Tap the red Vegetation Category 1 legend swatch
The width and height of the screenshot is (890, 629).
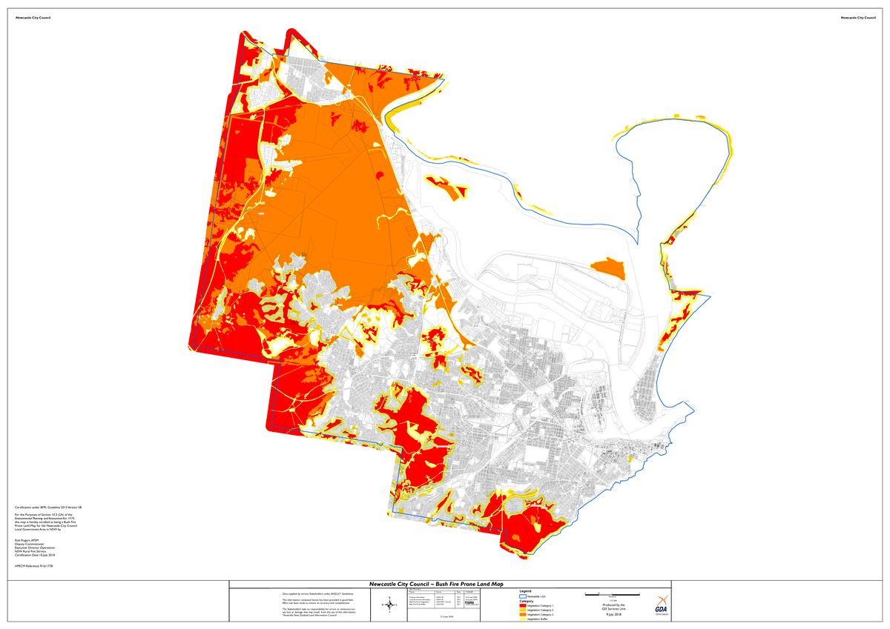tap(522, 606)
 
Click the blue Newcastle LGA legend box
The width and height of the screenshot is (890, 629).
tap(522, 596)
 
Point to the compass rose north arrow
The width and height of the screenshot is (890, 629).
tap(388, 605)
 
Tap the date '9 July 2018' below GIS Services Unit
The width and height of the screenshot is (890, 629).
tap(613, 614)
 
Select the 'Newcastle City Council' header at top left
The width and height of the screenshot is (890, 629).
tap(33, 17)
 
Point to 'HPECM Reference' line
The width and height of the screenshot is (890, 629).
tap(33, 565)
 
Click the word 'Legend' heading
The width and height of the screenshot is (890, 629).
tap(526, 590)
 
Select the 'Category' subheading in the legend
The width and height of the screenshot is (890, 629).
tap(526, 601)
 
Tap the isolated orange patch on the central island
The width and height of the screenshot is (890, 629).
tap(608, 267)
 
